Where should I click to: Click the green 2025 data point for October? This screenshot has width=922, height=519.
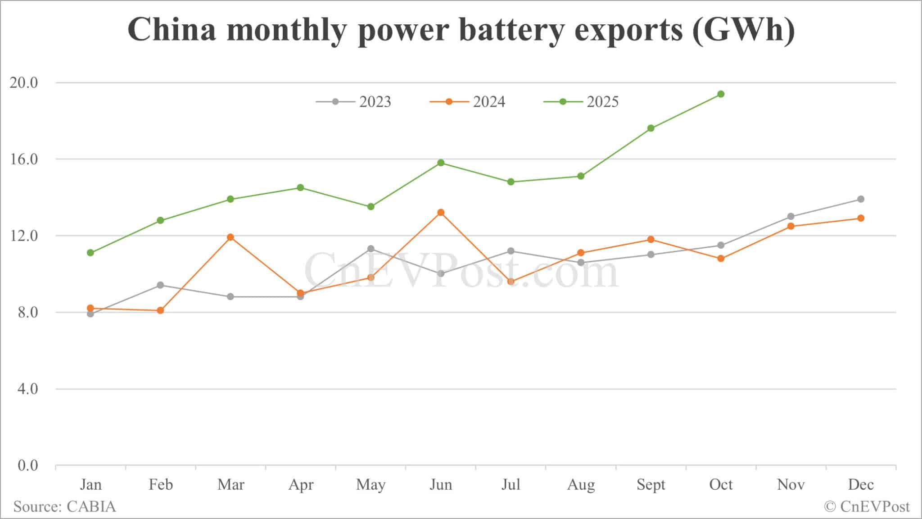click(721, 94)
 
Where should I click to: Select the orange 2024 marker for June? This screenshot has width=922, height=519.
click(441, 212)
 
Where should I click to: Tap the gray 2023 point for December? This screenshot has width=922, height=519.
click(861, 199)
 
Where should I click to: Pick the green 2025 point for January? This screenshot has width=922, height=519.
click(90, 253)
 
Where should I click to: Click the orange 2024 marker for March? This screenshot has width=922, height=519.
click(230, 237)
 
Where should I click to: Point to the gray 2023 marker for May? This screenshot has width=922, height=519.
click(371, 249)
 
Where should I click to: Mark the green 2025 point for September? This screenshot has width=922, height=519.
click(651, 128)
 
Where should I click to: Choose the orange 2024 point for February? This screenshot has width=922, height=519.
click(160, 310)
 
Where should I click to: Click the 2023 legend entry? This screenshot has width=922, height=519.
click(354, 102)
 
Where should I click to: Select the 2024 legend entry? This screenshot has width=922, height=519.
click(468, 102)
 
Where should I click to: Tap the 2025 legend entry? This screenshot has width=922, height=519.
click(582, 102)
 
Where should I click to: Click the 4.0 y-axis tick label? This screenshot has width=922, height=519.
click(27, 389)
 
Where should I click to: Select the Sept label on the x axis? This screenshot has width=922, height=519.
click(651, 485)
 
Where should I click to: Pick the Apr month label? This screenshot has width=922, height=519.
click(301, 485)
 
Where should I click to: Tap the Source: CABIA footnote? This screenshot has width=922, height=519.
click(64, 507)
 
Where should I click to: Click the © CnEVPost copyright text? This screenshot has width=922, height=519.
click(867, 507)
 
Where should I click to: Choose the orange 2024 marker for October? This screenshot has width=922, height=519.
click(721, 259)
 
